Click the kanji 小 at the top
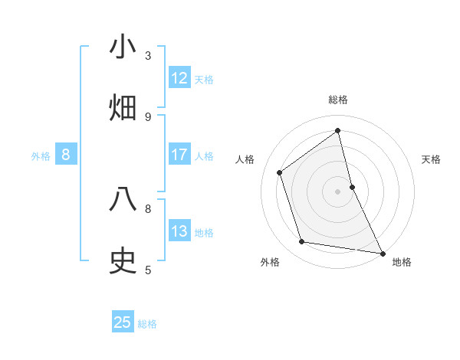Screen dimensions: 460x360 tap(123, 47)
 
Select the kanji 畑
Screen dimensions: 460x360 tap(123, 108)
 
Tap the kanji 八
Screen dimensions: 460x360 tap(123, 200)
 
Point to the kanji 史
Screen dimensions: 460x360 tap(123, 261)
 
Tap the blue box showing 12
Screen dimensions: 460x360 tap(179, 78)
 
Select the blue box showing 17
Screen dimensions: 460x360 tap(179, 155)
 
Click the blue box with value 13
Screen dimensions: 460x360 tap(179, 231)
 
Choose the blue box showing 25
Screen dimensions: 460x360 tap(123, 322)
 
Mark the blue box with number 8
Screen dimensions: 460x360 tap(66, 155)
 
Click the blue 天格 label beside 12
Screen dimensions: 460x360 tap(204, 80)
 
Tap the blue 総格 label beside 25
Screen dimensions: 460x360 tap(147, 324)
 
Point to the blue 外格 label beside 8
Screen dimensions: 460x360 tap(41, 156)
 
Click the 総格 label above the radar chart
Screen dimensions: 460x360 tap(338, 100)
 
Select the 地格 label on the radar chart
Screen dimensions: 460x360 tap(402, 262)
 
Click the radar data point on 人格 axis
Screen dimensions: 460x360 tap(280, 172)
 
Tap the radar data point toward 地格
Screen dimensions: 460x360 tap(382, 253)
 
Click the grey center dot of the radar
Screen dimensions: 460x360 tap(338, 191)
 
